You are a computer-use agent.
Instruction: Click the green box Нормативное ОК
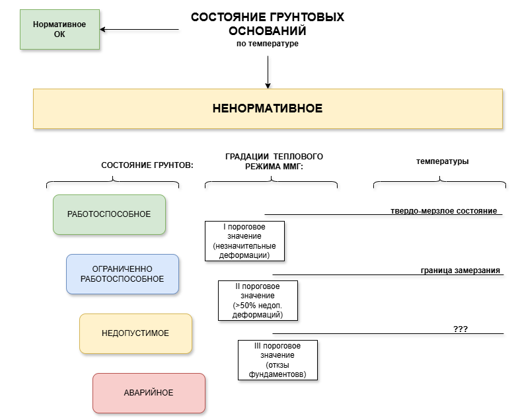pos(59,29)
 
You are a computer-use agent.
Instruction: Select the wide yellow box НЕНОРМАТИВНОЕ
pos(268,108)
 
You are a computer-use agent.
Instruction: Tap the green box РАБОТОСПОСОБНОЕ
pos(109,214)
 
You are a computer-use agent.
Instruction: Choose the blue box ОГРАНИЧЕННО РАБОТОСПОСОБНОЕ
pos(122,274)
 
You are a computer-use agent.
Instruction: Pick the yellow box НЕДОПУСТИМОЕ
pos(135,333)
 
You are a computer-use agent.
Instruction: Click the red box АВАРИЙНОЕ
pos(149,393)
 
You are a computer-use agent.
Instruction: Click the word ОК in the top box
pos(59,34)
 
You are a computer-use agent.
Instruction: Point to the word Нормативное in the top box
pos(59,24)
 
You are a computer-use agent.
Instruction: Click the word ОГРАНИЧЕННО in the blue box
pos(122,269)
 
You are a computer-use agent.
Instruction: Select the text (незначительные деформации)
pos(244,251)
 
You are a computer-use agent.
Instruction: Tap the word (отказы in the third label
pos(277,365)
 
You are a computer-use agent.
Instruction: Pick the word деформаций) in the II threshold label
pos(258,315)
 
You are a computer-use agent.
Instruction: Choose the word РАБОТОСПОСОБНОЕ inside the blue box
pos(122,279)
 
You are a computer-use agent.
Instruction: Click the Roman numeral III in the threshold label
pos(259,346)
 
